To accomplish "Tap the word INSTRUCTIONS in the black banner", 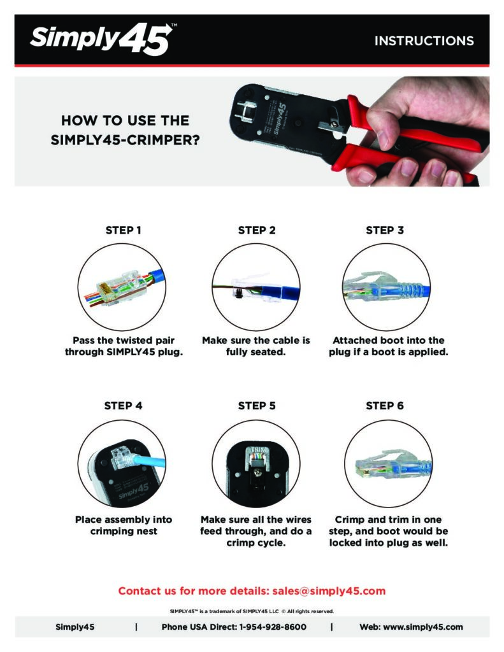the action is (x=424, y=41).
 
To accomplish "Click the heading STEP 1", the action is (x=123, y=230).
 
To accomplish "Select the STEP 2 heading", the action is (x=256, y=230).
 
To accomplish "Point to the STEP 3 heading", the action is (x=385, y=230).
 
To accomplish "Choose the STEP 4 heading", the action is (x=123, y=406).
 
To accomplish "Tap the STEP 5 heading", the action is (x=256, y=406).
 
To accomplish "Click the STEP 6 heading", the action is (x=385, y=406).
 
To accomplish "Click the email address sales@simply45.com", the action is (x=329, y=591).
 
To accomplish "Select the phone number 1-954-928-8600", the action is (x=273, y=627).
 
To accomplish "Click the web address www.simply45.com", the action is (x=422, y=627).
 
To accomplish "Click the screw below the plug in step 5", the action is (x=257, y=472).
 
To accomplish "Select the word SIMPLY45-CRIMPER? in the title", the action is (x=125, y=139).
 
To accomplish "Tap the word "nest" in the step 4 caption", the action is (x=147, y=531).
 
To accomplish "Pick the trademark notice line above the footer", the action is (x=252, y=611).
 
